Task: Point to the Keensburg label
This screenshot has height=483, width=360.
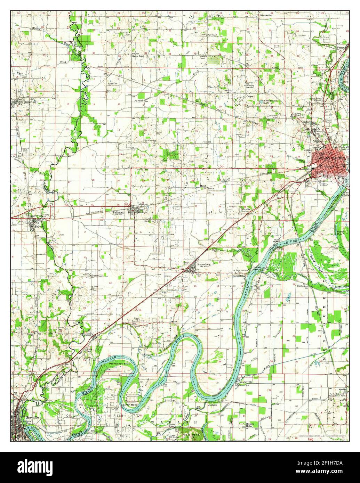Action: coord(205,264)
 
